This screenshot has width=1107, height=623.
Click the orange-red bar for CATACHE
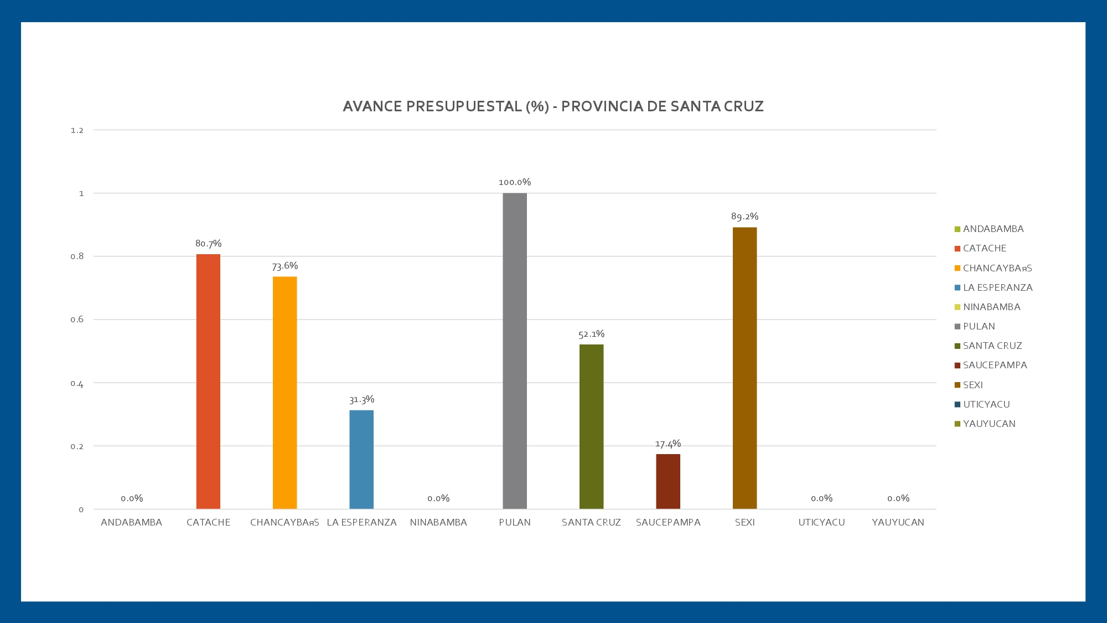(208, 382)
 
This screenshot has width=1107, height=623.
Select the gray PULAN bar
(515, 351)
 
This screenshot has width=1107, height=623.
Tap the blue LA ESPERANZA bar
(361, 460)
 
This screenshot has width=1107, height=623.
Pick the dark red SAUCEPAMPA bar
(668, 481)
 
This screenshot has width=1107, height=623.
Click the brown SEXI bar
(744, 368)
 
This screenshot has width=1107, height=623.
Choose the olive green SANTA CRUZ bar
(591, 426)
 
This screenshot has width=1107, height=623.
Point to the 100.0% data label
(515, 182)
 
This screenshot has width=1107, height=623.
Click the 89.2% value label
(744, 217)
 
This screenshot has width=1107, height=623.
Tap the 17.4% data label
(668, 444)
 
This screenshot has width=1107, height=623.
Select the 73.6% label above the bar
(284, 266)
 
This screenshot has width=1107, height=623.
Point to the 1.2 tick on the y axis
(77, 131)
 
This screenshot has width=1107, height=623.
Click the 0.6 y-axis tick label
(77, 320)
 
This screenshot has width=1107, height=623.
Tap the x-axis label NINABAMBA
(438, 522)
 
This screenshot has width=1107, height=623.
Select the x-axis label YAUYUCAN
(898, 522)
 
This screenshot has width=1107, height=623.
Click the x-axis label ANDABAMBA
(131, 522)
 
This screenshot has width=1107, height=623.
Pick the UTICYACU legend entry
(986, 404)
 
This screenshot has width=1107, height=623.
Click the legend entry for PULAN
(979, 326)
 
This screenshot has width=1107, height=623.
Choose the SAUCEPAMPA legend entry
(995, 365)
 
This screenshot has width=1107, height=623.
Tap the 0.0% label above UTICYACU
(821, 498)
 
